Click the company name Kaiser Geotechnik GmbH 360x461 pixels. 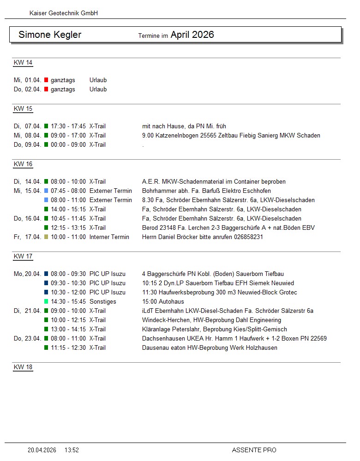64,13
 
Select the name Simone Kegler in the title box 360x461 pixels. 50,35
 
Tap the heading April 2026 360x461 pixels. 192,35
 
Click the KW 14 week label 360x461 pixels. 23,63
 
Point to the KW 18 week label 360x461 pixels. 23,367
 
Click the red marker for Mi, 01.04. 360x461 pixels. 46,80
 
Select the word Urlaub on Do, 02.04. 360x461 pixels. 98,90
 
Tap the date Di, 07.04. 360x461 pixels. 28,126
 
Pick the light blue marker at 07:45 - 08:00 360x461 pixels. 46,191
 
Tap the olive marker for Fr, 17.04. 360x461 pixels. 46,237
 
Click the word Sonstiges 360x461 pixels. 103,302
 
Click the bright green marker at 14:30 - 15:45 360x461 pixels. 46,302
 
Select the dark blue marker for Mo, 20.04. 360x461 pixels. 46,274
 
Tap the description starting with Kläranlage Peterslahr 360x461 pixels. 215,329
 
